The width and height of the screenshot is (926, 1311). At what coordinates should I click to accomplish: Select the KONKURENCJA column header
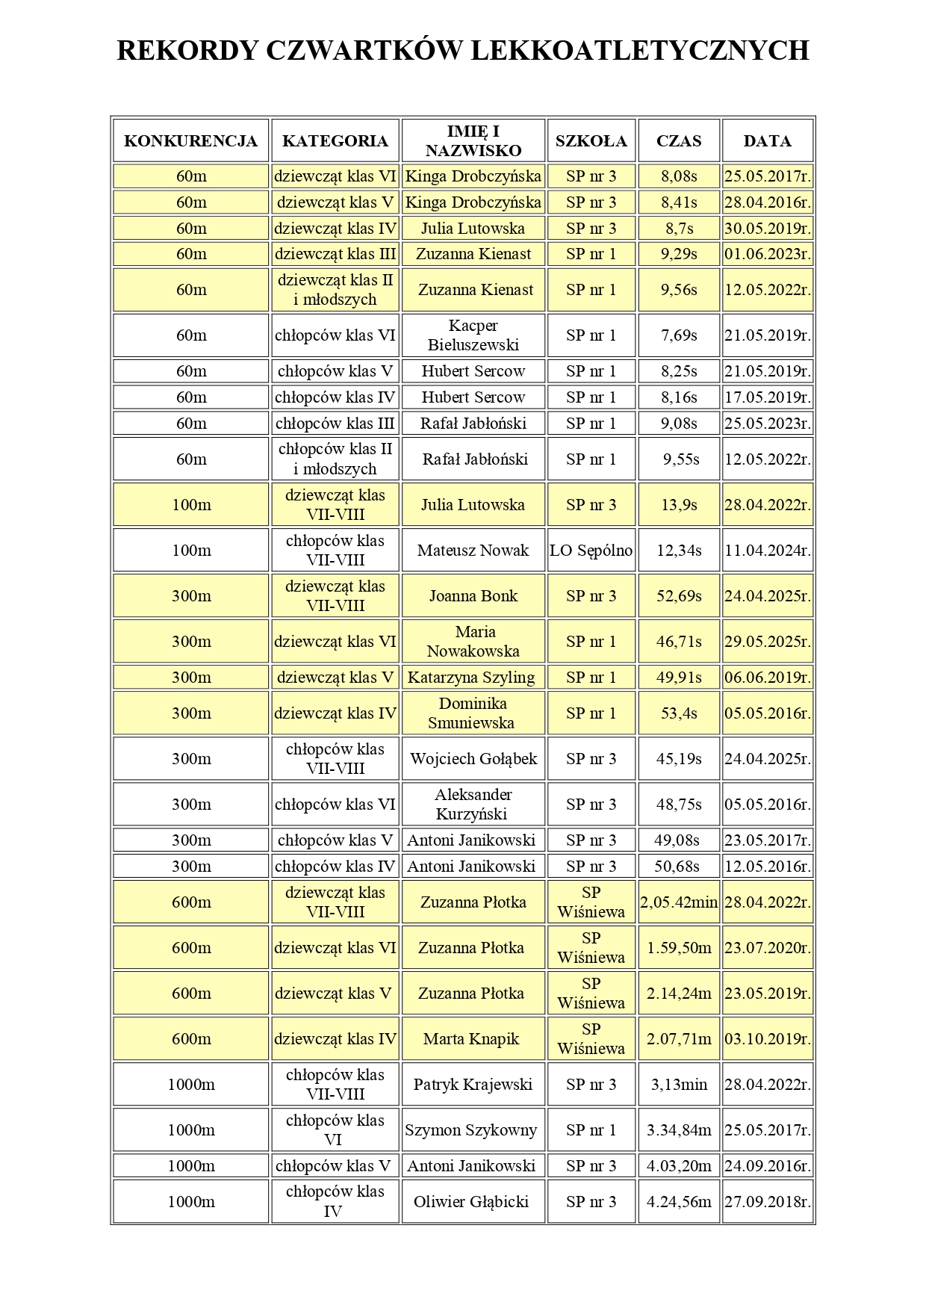coord(190,141)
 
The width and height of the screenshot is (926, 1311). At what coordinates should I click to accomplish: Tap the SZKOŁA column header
coord(591,141)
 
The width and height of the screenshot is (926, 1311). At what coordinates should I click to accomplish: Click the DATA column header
coord(767,141)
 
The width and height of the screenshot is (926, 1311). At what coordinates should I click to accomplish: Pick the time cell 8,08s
coord(679,177)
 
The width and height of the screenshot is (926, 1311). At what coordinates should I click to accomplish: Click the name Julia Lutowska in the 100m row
coord(473,505)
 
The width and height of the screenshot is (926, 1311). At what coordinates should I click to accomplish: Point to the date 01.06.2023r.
coord(767,254)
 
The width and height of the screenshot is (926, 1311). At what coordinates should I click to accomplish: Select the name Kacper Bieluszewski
coord(473,335)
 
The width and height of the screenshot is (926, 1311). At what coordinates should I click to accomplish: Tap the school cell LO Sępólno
coord(591,551)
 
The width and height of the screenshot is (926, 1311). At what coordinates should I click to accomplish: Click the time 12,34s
coord(679,551)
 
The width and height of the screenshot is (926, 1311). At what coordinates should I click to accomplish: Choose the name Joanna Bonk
coord(473,596)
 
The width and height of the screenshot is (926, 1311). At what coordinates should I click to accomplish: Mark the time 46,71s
coord(679,642)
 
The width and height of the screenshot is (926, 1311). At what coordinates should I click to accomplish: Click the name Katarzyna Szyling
coord(471,678)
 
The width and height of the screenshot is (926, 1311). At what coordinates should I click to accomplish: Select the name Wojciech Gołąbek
coord(473,759)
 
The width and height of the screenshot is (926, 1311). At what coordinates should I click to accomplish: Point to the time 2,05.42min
coord(679,902)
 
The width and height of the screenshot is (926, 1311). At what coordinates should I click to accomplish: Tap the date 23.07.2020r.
coord(767,948)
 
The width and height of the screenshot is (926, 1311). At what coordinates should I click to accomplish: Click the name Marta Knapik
coord(471,1039)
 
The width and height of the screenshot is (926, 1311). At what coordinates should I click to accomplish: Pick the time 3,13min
coord(679,1085)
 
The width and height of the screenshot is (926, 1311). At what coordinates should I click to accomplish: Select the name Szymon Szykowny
coord(471,1130)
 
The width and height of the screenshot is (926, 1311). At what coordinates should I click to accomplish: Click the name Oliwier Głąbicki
coord(471,1202)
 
